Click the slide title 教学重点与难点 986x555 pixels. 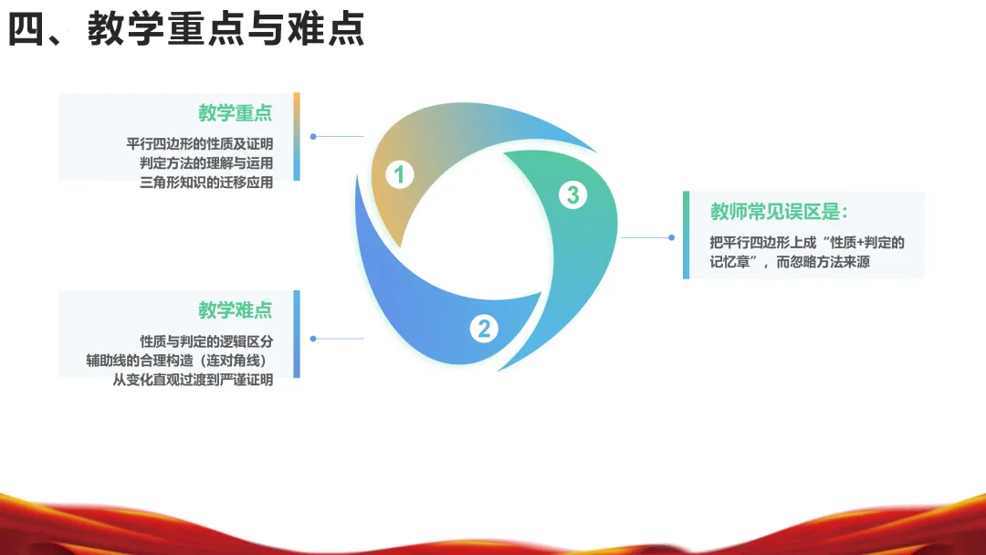coord(187,29)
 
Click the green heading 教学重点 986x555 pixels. coord(236,113)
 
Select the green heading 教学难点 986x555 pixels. coord(236,310)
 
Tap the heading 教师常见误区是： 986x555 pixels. coord(780,213)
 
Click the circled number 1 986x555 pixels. coord(399,174)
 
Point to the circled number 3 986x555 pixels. coord(572,194)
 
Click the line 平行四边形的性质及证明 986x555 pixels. coord(200,144)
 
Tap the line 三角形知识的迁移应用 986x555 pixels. coord(206,183)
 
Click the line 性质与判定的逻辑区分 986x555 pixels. coord(206,341)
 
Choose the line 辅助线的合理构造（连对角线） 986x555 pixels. coord(180,361)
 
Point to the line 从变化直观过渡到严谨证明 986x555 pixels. coord(194,380)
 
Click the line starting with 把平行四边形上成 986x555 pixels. coord(807,243)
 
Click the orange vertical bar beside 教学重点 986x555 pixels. coord(297,114)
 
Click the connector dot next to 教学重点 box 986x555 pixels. coord(313,137)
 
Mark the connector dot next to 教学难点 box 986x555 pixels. coord(313,339)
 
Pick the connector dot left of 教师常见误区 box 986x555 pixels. coord(671,237)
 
